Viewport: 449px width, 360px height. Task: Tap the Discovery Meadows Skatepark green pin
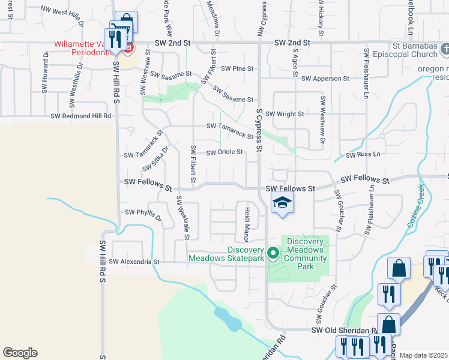pyautogui.click(x=273, y=253)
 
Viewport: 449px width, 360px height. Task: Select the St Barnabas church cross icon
pyautogui.click(x=443, y=49)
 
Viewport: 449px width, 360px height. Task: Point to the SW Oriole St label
pyautogui.click(x=224, y=152)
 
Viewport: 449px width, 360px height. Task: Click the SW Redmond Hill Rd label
pyautogui.click(x=81, y=116)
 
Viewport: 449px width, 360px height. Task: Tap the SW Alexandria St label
pyautogui.click(x=134, y=262)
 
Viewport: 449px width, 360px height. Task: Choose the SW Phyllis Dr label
pyautogui.click(x=143, y=213)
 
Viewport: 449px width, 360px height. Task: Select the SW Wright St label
pyautogui.click(x=285, y=113)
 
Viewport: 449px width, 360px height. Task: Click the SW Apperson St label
pyautogui.click(x=325, y=79)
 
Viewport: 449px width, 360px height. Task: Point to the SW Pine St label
pyautogui.click(x=237, y=69)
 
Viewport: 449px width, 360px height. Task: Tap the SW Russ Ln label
pyautogui.click(x=363, y=155)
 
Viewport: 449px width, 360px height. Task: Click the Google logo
pyautogui.click(x=20, y=352)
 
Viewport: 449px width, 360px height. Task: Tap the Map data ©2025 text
pyautogui.click(x=423, y=355)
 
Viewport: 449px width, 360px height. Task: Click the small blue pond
pyautogui.click(x=228, y=319)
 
